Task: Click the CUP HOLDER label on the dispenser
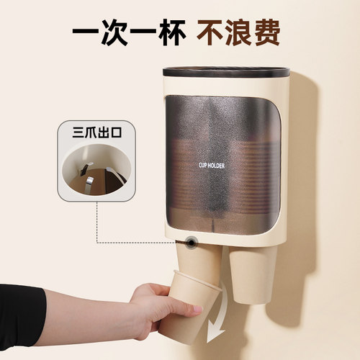point(212,164)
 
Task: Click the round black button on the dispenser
point(191,243)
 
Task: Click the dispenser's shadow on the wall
point(306,180)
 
